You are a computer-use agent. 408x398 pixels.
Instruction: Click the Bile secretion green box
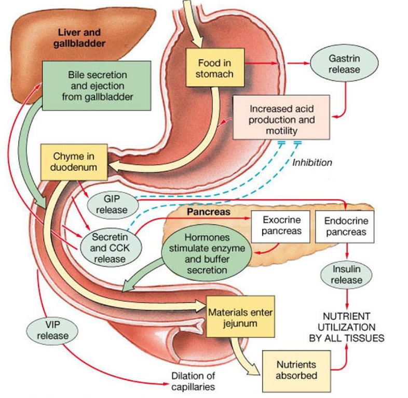click(x=97, y=86)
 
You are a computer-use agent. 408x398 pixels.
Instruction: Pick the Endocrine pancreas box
click(x=346, y=226)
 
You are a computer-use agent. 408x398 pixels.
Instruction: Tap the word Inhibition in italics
click(x=311, y=162)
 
